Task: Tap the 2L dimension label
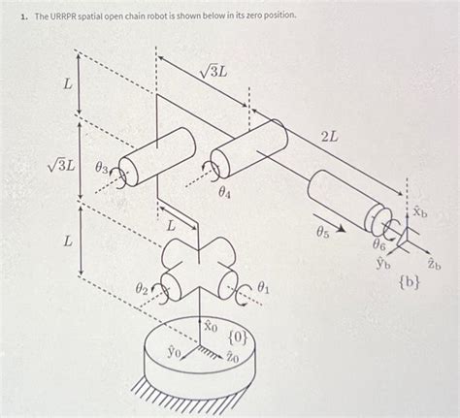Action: pos(329,138)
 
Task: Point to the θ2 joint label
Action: pos(141,288)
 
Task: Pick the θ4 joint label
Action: pos(225,193)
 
